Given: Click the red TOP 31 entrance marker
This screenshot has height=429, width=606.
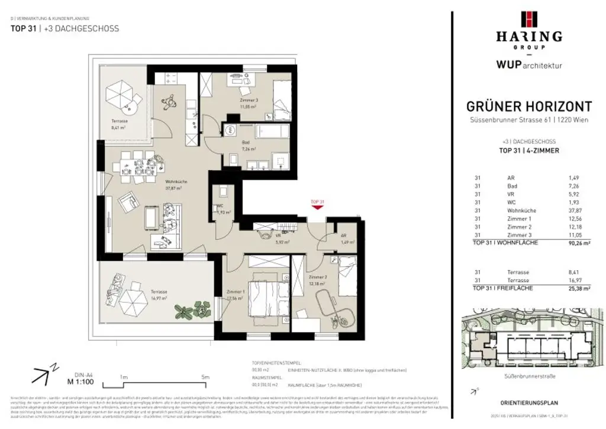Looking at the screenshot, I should pos(317,204).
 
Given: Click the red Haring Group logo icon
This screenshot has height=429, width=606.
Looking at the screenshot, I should pos(529,20).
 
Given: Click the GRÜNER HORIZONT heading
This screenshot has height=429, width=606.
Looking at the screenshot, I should pos(529,107).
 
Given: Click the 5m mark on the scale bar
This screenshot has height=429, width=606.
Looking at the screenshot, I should pos(205,377).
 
